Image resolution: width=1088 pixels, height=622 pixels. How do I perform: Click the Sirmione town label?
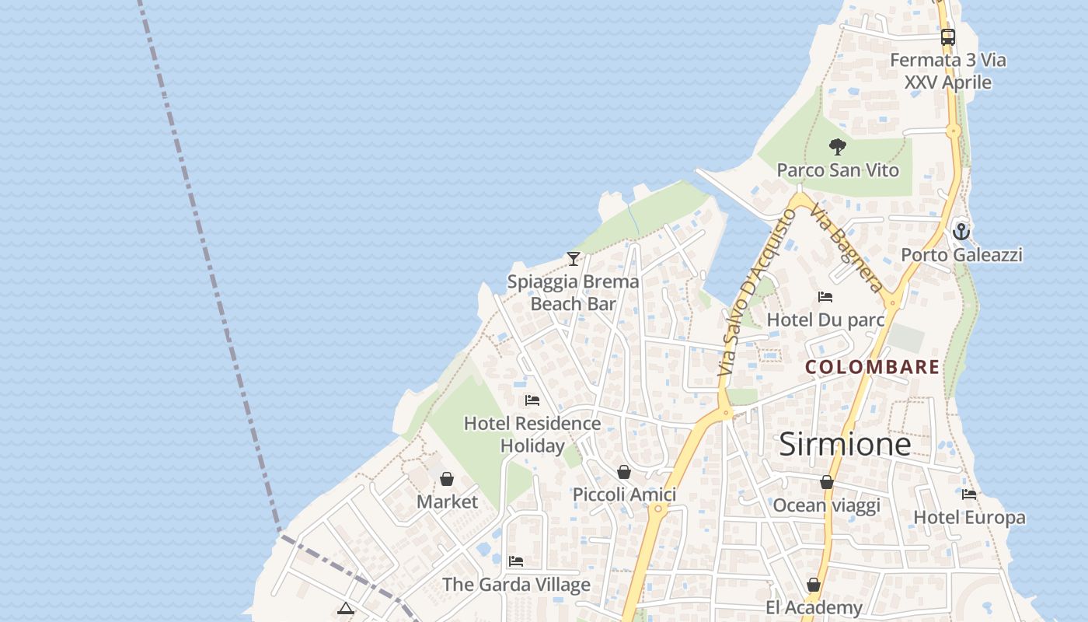pyautogui.click(x=845, y=444)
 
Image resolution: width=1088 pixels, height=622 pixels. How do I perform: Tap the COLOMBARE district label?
pyautogui.click(x=873, y=367)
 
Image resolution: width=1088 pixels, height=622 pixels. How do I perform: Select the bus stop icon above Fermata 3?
pyautogui.click(x=947, y=37)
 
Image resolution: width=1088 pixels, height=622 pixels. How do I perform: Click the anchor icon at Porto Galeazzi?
pyautogui.click(x=961, y=232)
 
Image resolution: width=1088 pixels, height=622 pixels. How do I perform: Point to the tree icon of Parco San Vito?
pyautogui.click(x=837, y=146)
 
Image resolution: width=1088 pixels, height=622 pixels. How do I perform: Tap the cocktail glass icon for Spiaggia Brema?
pyautogui.click(x=574, y=259)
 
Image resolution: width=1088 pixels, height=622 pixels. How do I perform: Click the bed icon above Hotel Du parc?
pyautogui.click(x=825, y=297)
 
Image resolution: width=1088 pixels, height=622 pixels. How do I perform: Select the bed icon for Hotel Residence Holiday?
pyautogui.click(x=532, y=400)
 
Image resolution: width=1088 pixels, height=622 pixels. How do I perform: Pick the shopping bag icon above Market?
pyautogui.click(x=447, y=479)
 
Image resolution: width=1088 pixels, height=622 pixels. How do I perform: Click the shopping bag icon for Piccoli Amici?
pyautogui.click(x=624, y=472)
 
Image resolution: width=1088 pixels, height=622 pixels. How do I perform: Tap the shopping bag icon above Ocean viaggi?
pyautogui.click(x=827, y=482)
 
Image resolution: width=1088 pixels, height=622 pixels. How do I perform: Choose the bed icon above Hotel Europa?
pyautogui.click(x=969, y=494)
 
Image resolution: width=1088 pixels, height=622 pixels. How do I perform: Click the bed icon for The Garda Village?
pyautogui.click(x=516, y=561)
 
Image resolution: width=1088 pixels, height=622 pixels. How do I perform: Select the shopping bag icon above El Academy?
pyautogui.click(x=814, y=585)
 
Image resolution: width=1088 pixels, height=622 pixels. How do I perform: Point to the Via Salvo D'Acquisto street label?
pyautogui.click(x=753, y=293)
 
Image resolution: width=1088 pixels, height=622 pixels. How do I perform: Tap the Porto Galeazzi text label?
pyautogui.click(x=961, y=255)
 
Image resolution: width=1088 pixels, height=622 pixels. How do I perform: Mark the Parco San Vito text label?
pyautogui.click(x=838, y=170)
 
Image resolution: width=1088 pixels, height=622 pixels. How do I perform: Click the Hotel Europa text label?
pyautogui.click(x=969, y=518)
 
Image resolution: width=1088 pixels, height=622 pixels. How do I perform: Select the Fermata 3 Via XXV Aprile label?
pyautogui.click(x=948, y=71)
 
